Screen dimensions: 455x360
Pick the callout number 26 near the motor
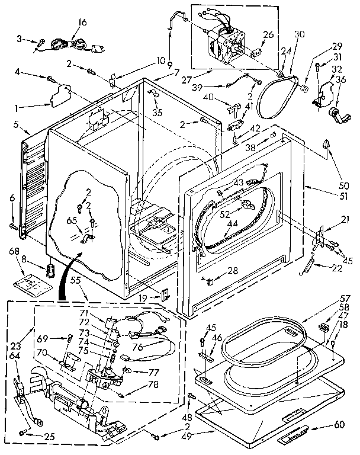[268, 34]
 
